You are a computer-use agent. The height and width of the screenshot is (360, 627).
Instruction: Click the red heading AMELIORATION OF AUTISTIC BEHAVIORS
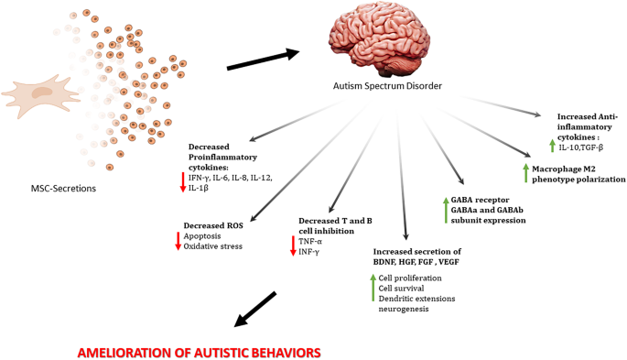200,351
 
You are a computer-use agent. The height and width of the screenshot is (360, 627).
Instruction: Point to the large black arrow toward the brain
262,60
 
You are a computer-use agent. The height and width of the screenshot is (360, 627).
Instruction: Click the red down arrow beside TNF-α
293,245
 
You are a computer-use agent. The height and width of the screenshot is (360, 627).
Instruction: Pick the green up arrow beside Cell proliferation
374,287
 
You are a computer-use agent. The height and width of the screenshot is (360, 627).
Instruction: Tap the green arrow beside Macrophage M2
524,173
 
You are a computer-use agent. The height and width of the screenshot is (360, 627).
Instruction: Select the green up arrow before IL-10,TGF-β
551,146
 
